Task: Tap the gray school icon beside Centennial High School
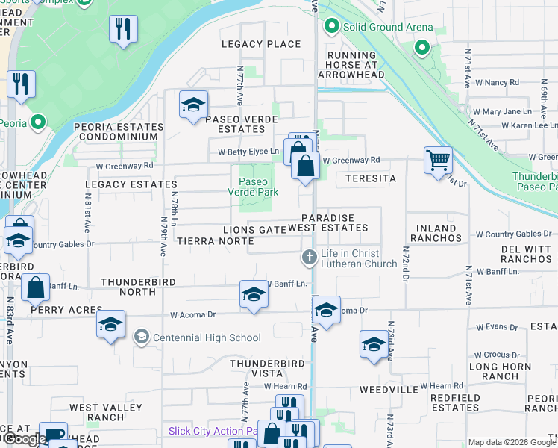click(x=141, y=337)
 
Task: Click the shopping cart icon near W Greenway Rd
click(x=437, y=160)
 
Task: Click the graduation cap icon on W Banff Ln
click(x=254, y=294)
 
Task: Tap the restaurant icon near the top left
click(x=122, y=30)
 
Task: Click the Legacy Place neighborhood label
click(x=261, y=44)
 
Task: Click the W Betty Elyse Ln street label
click(x=248, y=152)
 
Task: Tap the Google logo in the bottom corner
click(x=24, y=439)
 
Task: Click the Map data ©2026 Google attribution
click(x=511, y=442)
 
